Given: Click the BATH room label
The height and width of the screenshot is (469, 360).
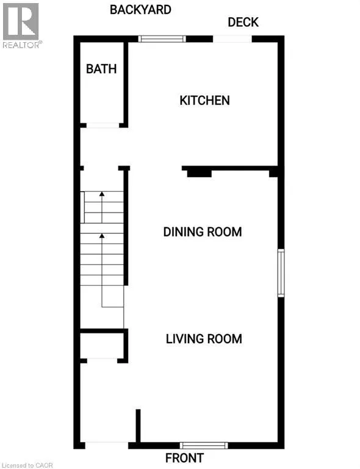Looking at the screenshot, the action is pos(101,69).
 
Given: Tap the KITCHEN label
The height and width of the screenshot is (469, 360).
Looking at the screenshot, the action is pos(204,101).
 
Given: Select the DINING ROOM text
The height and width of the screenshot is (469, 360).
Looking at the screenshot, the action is pos(203,232).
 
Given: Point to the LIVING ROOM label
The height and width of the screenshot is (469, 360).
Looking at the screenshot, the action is pos(204,339).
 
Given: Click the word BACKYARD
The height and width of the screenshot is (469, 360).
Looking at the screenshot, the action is pos(140,10).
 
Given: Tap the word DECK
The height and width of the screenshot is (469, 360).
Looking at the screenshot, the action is pos(243,23).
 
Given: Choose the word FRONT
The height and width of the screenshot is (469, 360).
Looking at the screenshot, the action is pos(185,458).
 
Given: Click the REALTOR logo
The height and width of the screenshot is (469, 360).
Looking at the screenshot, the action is pos(21,26).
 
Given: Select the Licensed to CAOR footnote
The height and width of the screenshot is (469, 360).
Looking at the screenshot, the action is pos(27,465).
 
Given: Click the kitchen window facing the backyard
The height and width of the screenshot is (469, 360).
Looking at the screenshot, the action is pos(162,39).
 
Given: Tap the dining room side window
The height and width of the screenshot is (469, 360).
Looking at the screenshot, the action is pos(281,273).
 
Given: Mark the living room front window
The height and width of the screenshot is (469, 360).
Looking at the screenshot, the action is pos(204,445).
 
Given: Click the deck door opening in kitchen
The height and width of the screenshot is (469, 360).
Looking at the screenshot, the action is pos(232,39).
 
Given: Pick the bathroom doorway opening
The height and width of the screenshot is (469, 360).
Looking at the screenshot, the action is pos(103,125).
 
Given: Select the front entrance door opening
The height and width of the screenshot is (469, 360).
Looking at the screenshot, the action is pos(107,445).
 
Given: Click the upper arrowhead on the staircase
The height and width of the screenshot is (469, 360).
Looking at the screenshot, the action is pos(102,194).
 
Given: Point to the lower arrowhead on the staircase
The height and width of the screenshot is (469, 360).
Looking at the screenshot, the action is pos(102,236).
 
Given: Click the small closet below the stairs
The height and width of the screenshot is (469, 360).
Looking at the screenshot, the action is pos(102,345).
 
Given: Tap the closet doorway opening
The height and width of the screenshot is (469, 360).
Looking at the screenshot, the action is pos(102,361).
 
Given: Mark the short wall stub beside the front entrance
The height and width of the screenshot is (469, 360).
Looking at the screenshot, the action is pos(138,426).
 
